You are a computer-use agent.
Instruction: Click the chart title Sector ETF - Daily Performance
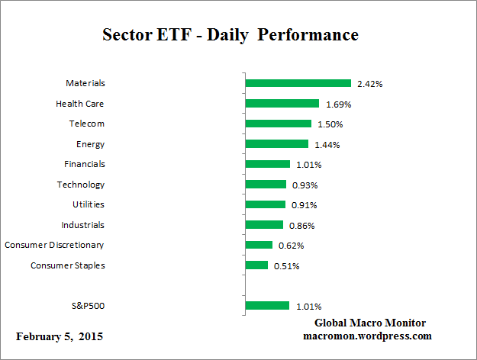[x=230, y=36]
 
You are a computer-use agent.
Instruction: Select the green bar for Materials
[x=298, y=83]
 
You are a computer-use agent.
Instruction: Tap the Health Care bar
[x=282, y=104]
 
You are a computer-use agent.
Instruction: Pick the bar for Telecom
[x=278, y=124]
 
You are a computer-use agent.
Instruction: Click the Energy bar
[x=276, y=144]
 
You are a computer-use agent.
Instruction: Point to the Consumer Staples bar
[x=256, y=265]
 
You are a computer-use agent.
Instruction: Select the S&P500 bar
[x=267, y=306]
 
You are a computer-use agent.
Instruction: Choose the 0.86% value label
[x=300, y=226]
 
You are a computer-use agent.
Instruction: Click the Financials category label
[x=84, y=164]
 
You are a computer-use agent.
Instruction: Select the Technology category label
[x=81, y=185]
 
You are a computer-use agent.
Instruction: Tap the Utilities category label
[x=89, y=204]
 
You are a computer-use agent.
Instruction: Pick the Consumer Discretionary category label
[x=54, y=245]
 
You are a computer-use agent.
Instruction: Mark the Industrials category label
[x=83, y=225]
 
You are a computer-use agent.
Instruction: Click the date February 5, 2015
[x=60, y=336]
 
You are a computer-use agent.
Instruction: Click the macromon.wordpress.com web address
[x=368, y=336]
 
